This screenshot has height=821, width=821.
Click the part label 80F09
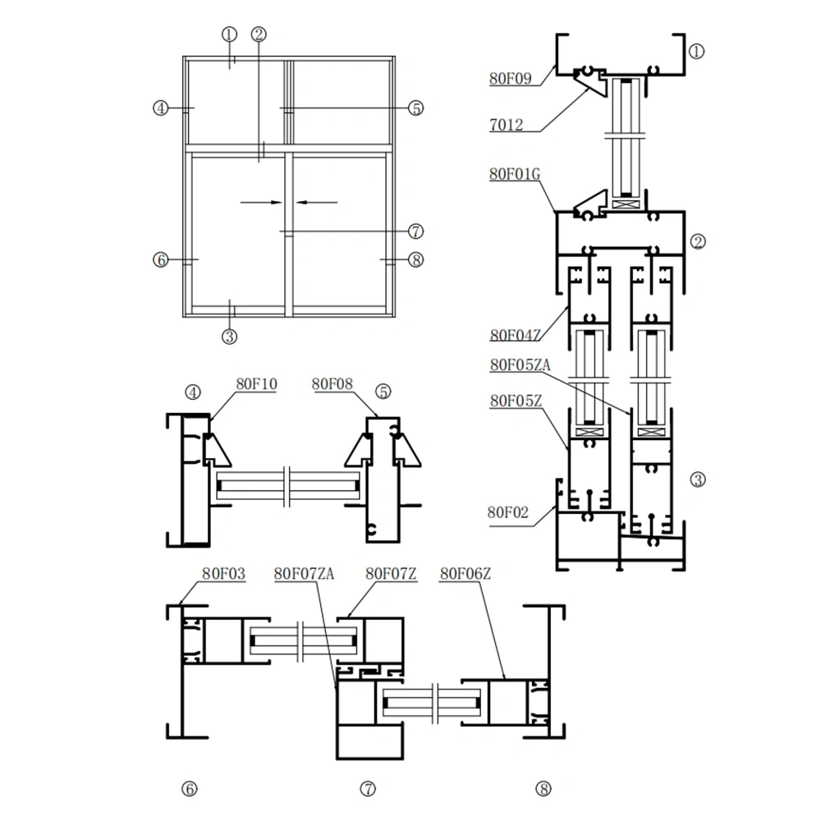point(511,79)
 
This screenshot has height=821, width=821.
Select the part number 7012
point(507,125)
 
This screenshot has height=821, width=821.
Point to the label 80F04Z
point(515,335)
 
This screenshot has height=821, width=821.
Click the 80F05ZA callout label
point(519,365)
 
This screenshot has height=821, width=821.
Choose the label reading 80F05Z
point(515,401)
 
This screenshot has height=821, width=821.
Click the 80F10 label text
point(257,383)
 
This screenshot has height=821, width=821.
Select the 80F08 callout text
point(332,383)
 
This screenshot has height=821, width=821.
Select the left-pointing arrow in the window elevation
point(316,201)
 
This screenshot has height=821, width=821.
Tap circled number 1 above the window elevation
point(229,34)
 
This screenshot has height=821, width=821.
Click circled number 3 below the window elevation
point(229,336)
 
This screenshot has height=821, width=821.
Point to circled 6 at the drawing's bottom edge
point(189,789)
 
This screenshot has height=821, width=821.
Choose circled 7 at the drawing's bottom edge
point(368,789)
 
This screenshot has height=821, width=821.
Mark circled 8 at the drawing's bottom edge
point(543,789)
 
